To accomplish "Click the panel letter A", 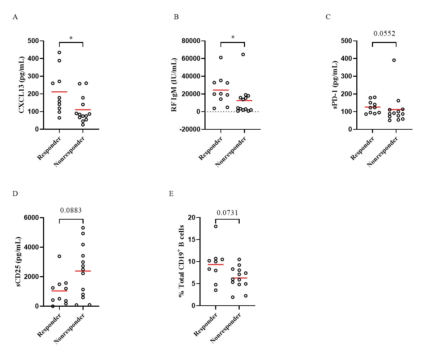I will (x=15, y=17).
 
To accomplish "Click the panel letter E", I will (x=171, y=194).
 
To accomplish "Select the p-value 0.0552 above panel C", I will (x=384, y=34).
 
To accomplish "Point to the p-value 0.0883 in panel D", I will (x=71, y=210).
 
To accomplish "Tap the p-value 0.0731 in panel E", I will (x=227, y=213).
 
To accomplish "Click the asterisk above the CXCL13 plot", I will (x=71, y=38).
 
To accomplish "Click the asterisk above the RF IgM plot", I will (x=233, y=38).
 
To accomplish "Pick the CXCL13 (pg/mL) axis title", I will (x=22, y=85).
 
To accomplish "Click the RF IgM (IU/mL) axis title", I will (x=174, y=85).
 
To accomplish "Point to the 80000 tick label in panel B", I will (x=191, y=41).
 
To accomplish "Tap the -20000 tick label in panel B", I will (x=190, y=129).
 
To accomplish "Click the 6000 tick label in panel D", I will (x=32, y=217).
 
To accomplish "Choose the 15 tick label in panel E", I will (x=192, y=240).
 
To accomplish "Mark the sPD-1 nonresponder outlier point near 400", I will (x=394, y=60).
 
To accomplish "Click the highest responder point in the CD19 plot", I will (x=216, y=226).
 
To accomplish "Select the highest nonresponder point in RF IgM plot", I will (x=243, y=54).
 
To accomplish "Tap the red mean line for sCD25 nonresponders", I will (x=83, y=271).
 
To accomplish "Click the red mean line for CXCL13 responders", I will (x=59, y=92).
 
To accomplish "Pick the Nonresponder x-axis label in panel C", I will (x=383, y=152).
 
